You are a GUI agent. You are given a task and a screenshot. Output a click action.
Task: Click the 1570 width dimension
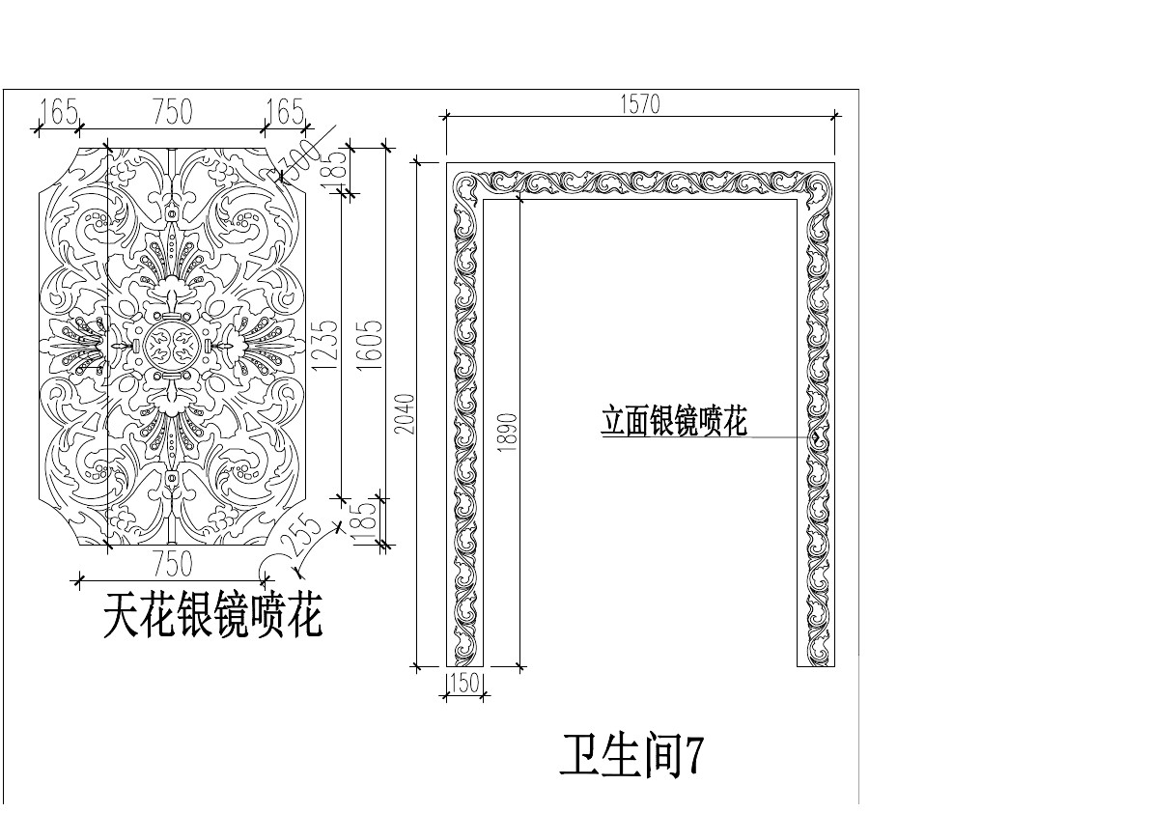coord(640,103)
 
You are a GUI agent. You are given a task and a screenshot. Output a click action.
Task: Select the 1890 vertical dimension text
coord(509,430)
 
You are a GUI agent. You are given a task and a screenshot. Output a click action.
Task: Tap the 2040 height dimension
coord(407,413)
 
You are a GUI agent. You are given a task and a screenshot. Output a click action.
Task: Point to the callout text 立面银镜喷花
coord(674,423)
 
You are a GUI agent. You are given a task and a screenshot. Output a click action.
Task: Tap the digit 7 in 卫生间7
coord(692,756)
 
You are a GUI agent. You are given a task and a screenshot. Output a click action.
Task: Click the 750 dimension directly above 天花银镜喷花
coord(173,563)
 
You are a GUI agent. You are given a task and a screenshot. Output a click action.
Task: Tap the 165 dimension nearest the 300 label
coord(284,112)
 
